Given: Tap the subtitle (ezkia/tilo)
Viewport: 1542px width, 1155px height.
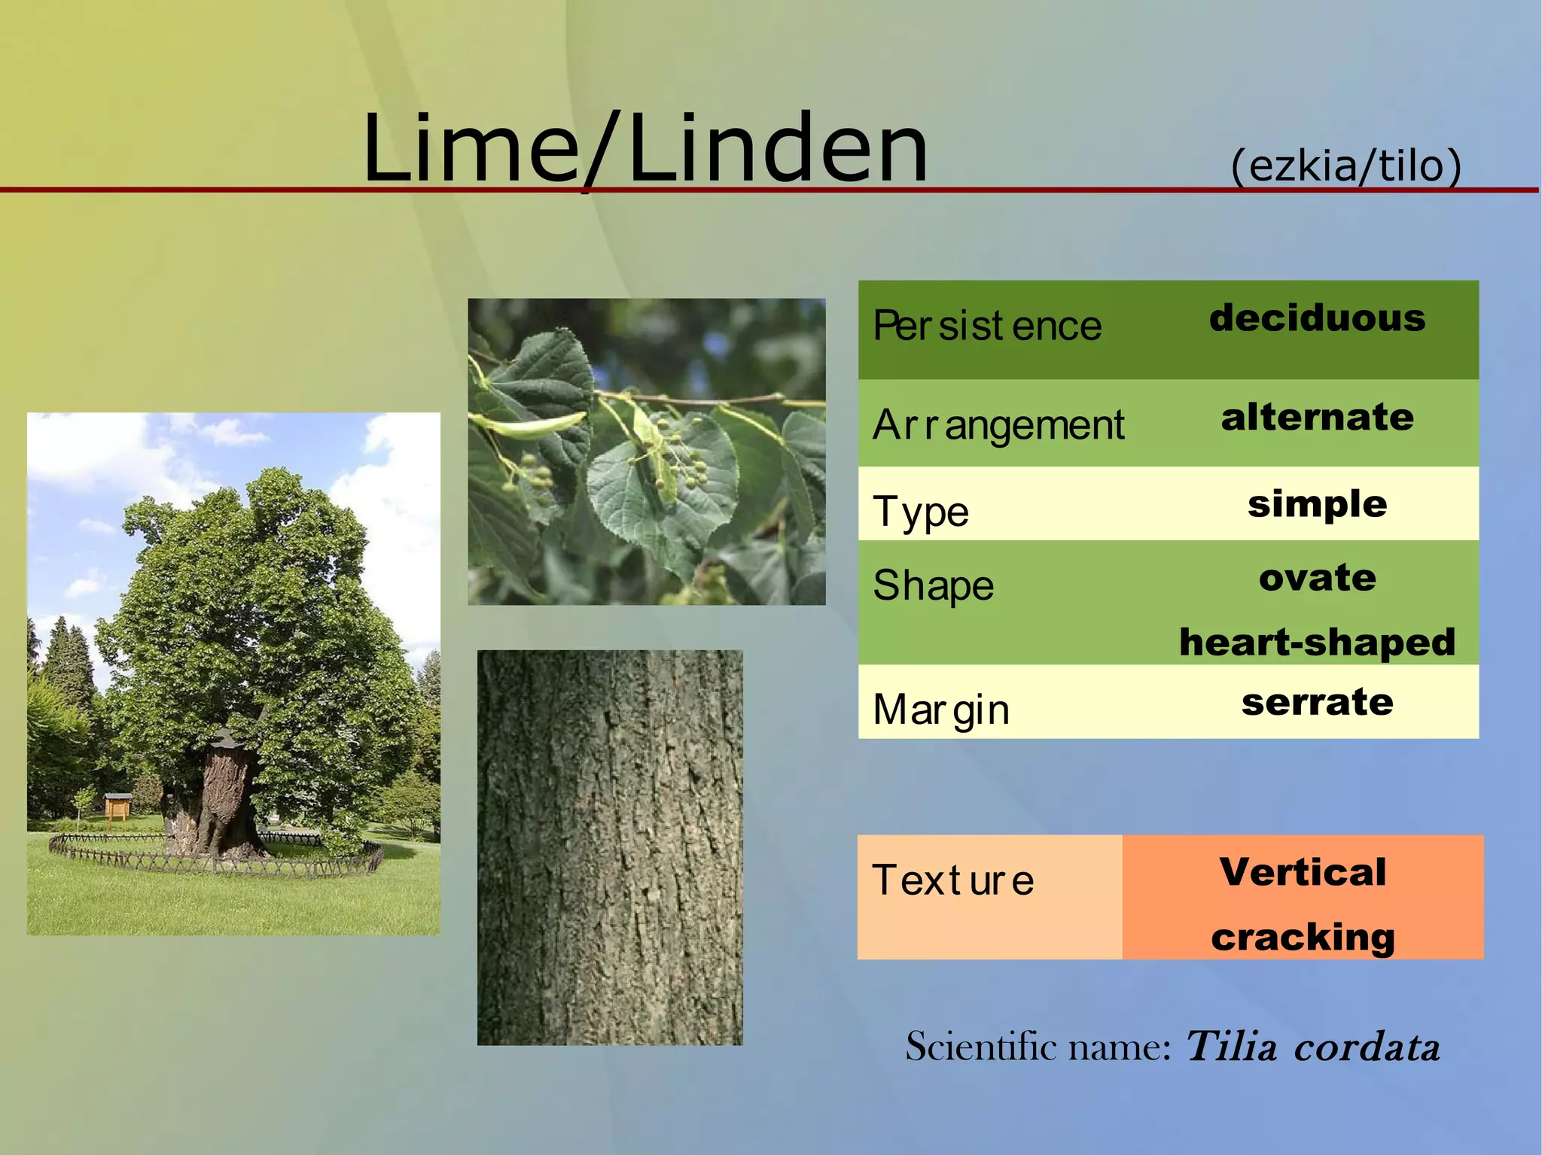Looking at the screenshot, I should click(1345, 165).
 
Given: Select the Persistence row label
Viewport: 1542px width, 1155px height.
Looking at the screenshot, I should click(986, 327).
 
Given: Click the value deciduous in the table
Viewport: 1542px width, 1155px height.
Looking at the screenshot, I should click(1317, 318).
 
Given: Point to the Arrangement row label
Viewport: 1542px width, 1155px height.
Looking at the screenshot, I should click(998, 425).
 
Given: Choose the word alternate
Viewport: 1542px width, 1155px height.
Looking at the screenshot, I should click(1317, 417).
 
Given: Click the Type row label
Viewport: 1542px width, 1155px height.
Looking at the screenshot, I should click(920, 512).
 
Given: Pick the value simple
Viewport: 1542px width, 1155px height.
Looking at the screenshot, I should click(1317, 503).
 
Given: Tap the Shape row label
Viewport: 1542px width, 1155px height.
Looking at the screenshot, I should click(933, 585).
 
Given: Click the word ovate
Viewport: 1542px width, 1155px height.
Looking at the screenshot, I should click(1317, 578).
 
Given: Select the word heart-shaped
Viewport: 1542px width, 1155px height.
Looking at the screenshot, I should click(1317, 642).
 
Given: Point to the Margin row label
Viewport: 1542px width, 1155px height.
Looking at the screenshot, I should click(940, 710).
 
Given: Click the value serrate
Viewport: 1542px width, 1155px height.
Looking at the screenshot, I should click(1317, 702).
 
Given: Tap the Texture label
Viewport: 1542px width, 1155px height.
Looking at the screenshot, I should click(952, 880).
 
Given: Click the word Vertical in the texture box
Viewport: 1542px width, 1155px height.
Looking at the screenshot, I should click(1303, 872).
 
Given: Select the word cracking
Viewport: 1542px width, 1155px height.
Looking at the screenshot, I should click(1303, 937).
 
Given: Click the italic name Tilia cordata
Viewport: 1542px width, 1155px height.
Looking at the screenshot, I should click(1312, 1047).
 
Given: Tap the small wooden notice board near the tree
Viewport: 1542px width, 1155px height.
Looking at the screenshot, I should click(117, 807).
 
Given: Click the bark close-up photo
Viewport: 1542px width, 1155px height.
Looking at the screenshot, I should click(610, 847).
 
